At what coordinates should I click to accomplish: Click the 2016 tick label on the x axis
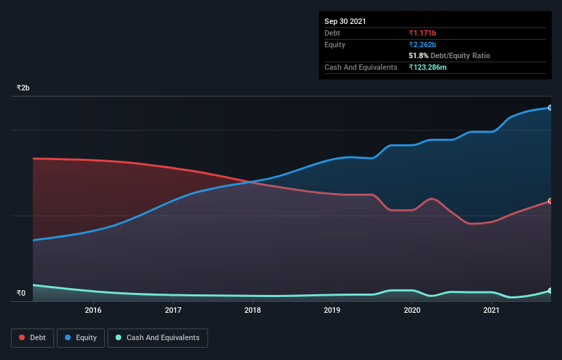pyautogui.click(x=93, y=310)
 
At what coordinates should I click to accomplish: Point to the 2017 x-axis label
pyautogui.click(x=173, y=310)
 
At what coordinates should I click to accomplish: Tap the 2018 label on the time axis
pyautogui.click(x=253, y=310)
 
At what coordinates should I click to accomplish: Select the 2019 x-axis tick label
pyautogui.click(x=332, y=310)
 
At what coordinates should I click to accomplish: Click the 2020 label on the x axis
pyautogui.click(x=412, y=310)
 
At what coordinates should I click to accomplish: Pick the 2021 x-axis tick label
pyautogui.click(x=491, y=310)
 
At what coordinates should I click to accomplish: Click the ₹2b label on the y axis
pyautogui.click(x=23, y=88)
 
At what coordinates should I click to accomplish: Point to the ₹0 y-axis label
pyautogui.click(x=21, y=294)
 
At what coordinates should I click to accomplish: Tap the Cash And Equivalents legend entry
pyautogui.click(x=157, y=337)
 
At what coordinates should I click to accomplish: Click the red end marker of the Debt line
pyautogui.click(x=550, y=201)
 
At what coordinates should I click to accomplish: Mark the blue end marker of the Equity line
pyautogui.click(x=550, y=107)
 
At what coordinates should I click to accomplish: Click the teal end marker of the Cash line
pyautogui.click(x=550, y=291)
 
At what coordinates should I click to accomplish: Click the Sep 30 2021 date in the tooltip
pyautogui.click(x=345, y=21)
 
